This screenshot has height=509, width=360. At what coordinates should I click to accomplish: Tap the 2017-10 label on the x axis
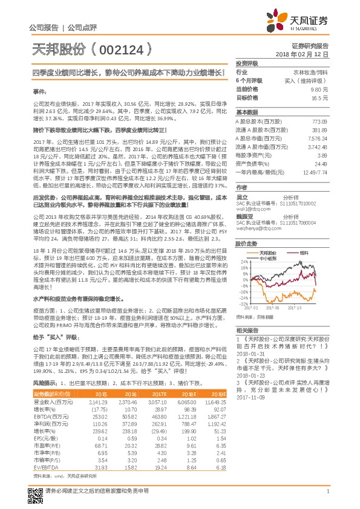click(296, 308)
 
